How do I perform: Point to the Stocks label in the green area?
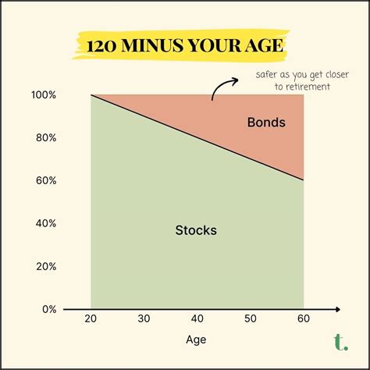coord(195,230)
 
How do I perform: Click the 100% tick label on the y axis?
coord(44,95)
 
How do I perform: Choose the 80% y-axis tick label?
coord(46,138)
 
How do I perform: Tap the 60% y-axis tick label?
coord(46,180)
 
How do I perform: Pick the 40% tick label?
coord(46,223)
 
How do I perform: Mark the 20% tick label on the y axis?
coord(46,266)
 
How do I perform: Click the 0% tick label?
coord(48,309)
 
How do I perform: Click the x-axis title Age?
coord(197,341)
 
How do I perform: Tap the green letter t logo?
coord(339,341)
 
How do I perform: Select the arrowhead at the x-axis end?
coord(336,309)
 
